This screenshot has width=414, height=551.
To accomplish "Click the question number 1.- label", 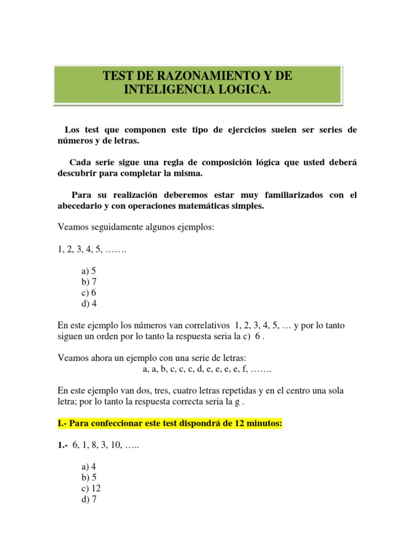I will pyautogui.click(x=63, y=446).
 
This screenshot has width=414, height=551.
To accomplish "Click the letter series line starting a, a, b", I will pyautogui.click(x=207, y=370).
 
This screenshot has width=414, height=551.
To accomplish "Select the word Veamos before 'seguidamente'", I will pyautogui.click(x=72, y=228).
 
